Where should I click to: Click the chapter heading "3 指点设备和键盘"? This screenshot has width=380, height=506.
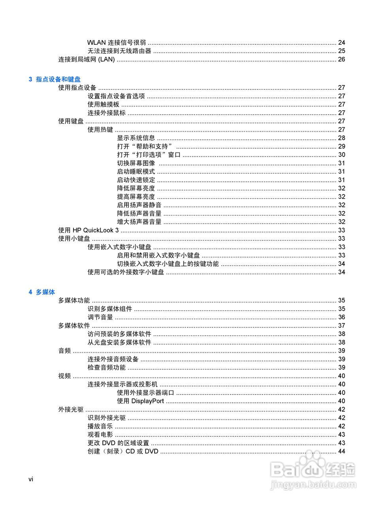55,79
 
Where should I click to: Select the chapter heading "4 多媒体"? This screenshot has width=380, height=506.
42,292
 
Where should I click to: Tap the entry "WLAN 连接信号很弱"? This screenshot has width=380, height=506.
117,43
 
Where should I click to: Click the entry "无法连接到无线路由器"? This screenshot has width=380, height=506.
119,51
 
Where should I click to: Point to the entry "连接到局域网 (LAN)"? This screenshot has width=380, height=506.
87,59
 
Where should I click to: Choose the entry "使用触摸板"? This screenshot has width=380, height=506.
103,104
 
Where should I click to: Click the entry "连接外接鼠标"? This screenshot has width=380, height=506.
106,113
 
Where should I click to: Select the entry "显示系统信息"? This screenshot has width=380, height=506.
136,138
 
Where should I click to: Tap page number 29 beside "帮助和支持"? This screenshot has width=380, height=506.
342,146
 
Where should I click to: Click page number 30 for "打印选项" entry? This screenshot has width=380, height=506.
342,155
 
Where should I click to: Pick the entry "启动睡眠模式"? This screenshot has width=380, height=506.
136,172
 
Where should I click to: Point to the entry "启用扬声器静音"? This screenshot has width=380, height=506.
139,205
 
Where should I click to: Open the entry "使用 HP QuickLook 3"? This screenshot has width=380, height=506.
89,230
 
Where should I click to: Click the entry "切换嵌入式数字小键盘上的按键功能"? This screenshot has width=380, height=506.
168,264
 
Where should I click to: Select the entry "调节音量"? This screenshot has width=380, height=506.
100,317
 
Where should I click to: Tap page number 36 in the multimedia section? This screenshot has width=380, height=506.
342,317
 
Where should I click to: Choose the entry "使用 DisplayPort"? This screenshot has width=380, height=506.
140,401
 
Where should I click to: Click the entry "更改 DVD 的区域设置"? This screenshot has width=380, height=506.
118,443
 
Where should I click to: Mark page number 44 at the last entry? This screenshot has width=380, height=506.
342,451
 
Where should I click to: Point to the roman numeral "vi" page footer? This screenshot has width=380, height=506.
31,480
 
